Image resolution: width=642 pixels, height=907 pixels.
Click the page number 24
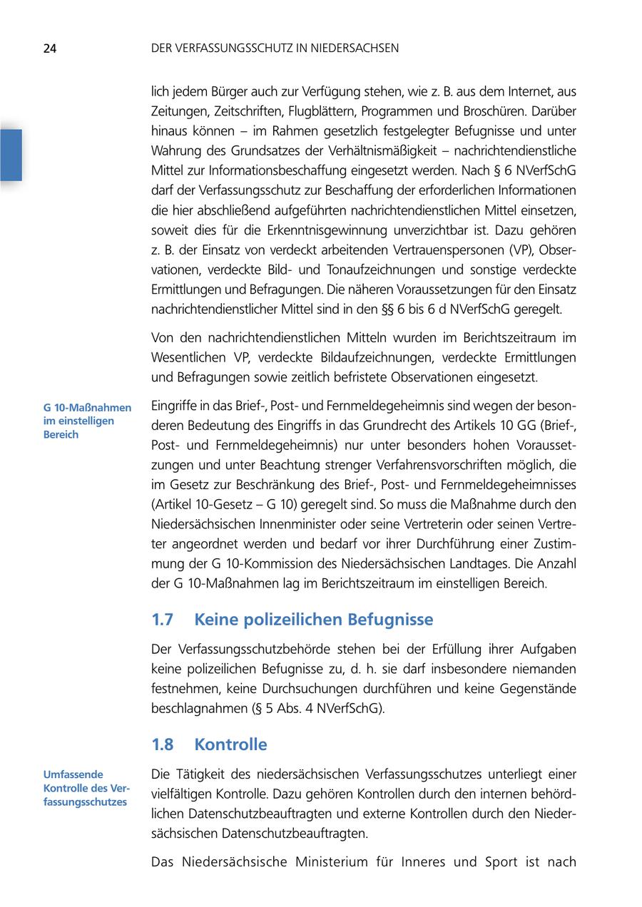[50, 48]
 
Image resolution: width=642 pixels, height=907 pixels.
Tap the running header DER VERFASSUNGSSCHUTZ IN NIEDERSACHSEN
[275, 48]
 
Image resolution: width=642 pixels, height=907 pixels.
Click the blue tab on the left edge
[11, 155]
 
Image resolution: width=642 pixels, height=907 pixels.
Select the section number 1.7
[163, 619]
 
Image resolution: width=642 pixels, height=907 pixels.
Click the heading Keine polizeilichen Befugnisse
[314, 619]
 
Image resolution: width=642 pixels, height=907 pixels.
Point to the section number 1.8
[163, 744]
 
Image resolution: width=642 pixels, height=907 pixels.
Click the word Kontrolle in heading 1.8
[231, 744]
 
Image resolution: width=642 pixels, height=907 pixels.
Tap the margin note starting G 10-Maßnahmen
[87, 421]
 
